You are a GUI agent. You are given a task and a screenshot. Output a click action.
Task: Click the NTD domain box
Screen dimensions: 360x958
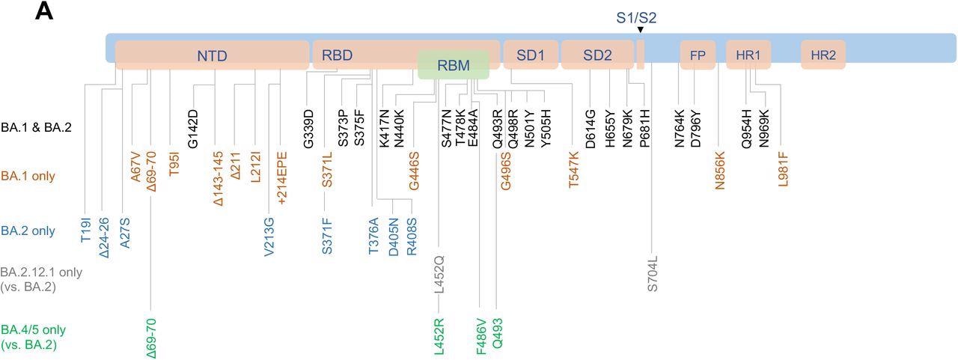213,55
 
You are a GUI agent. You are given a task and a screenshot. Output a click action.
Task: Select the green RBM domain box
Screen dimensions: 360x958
454,65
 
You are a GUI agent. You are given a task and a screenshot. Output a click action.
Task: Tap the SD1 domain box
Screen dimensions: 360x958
530,55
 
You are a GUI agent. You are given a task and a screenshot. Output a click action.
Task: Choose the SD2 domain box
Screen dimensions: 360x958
597,55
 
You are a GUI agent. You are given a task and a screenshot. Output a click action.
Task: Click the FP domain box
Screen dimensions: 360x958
698,55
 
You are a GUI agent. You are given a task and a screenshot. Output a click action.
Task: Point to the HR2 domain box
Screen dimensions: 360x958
823,55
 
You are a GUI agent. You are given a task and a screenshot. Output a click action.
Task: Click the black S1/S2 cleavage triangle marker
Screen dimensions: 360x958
641,29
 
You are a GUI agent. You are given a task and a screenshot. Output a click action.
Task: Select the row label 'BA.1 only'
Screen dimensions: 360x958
28,177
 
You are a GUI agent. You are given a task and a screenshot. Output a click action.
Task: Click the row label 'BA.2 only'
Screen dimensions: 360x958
28,231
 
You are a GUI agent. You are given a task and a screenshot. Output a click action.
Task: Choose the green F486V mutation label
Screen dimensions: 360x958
482,337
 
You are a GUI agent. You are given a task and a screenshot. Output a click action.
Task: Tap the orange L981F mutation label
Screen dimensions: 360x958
784,169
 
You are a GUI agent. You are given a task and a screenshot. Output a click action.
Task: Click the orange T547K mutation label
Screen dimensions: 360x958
574,169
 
